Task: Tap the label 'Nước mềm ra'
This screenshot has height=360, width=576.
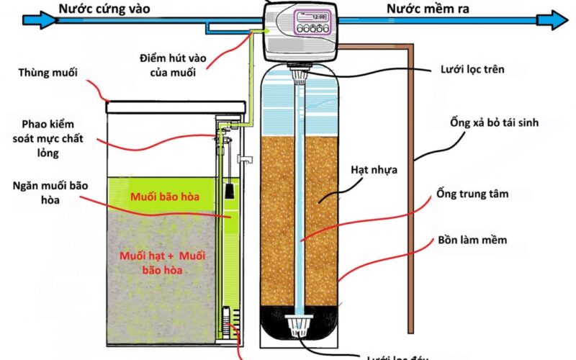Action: point(424,9)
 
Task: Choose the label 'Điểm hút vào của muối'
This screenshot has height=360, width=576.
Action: point(171,64)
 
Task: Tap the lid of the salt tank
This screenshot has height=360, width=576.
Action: point(176,107)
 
